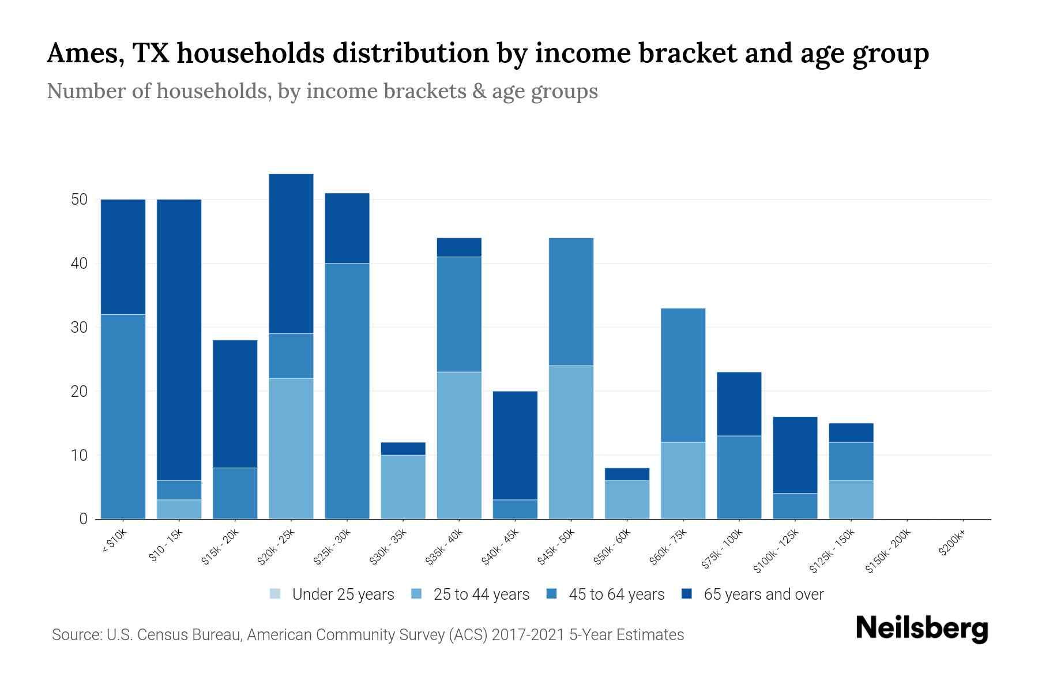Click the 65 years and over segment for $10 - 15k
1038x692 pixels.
click(179, 340)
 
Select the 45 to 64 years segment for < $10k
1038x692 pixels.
click(123, 416)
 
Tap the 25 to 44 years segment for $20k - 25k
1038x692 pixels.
click(291, 449)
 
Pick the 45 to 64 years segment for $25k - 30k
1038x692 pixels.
click(347, 391)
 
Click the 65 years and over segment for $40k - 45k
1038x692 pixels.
click(515, 445)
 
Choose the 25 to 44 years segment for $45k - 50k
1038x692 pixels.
click(571, 442)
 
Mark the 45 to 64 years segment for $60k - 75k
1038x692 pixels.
click(683, 375)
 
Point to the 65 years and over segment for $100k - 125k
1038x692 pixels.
click(795, 455)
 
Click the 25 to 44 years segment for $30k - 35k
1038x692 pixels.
click(403, 487)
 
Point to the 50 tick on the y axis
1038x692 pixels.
click(79, 200)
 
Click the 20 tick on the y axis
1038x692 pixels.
click(79, 392)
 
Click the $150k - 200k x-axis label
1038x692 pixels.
click(888, 551)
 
